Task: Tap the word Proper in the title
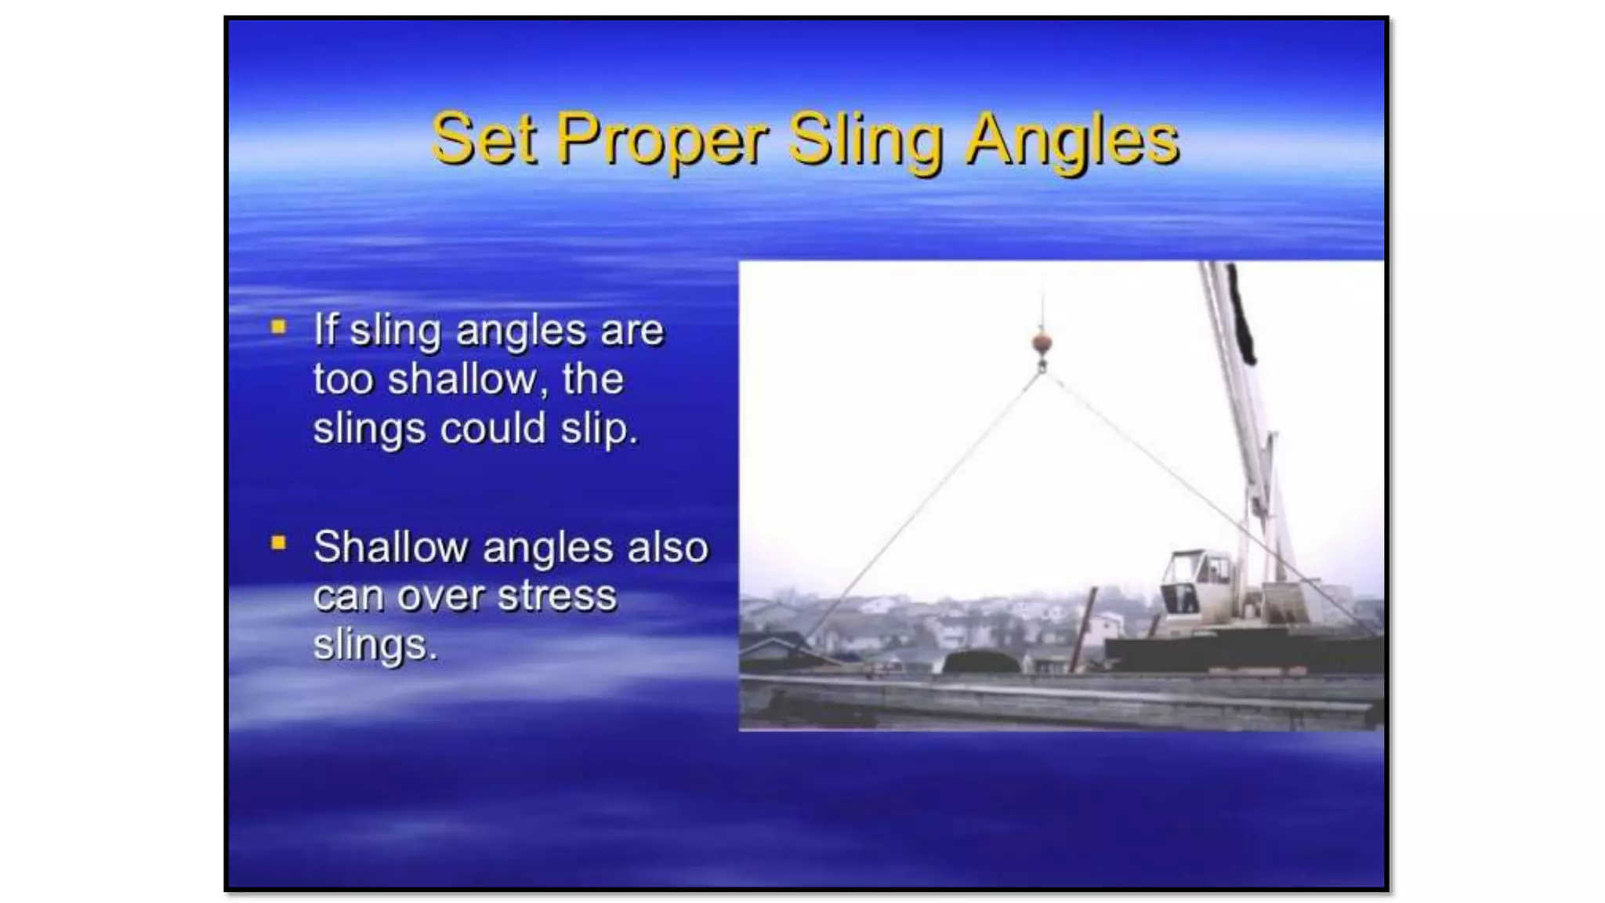tap(662, 141)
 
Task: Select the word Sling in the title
tap(865, 141)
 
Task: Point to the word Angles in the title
tap(1071, 141)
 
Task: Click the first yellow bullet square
tap(278, 327)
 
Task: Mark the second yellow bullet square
tap(278, 542)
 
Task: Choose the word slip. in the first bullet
tap(600, 429)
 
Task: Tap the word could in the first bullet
tap(492, 429)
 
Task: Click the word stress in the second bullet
tap(557, 596)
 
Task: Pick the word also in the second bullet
tap(668, 546)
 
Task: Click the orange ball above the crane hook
tap(1042, 343)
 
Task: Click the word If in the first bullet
tap(325, 329)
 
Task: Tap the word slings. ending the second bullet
tap(375, 645)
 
